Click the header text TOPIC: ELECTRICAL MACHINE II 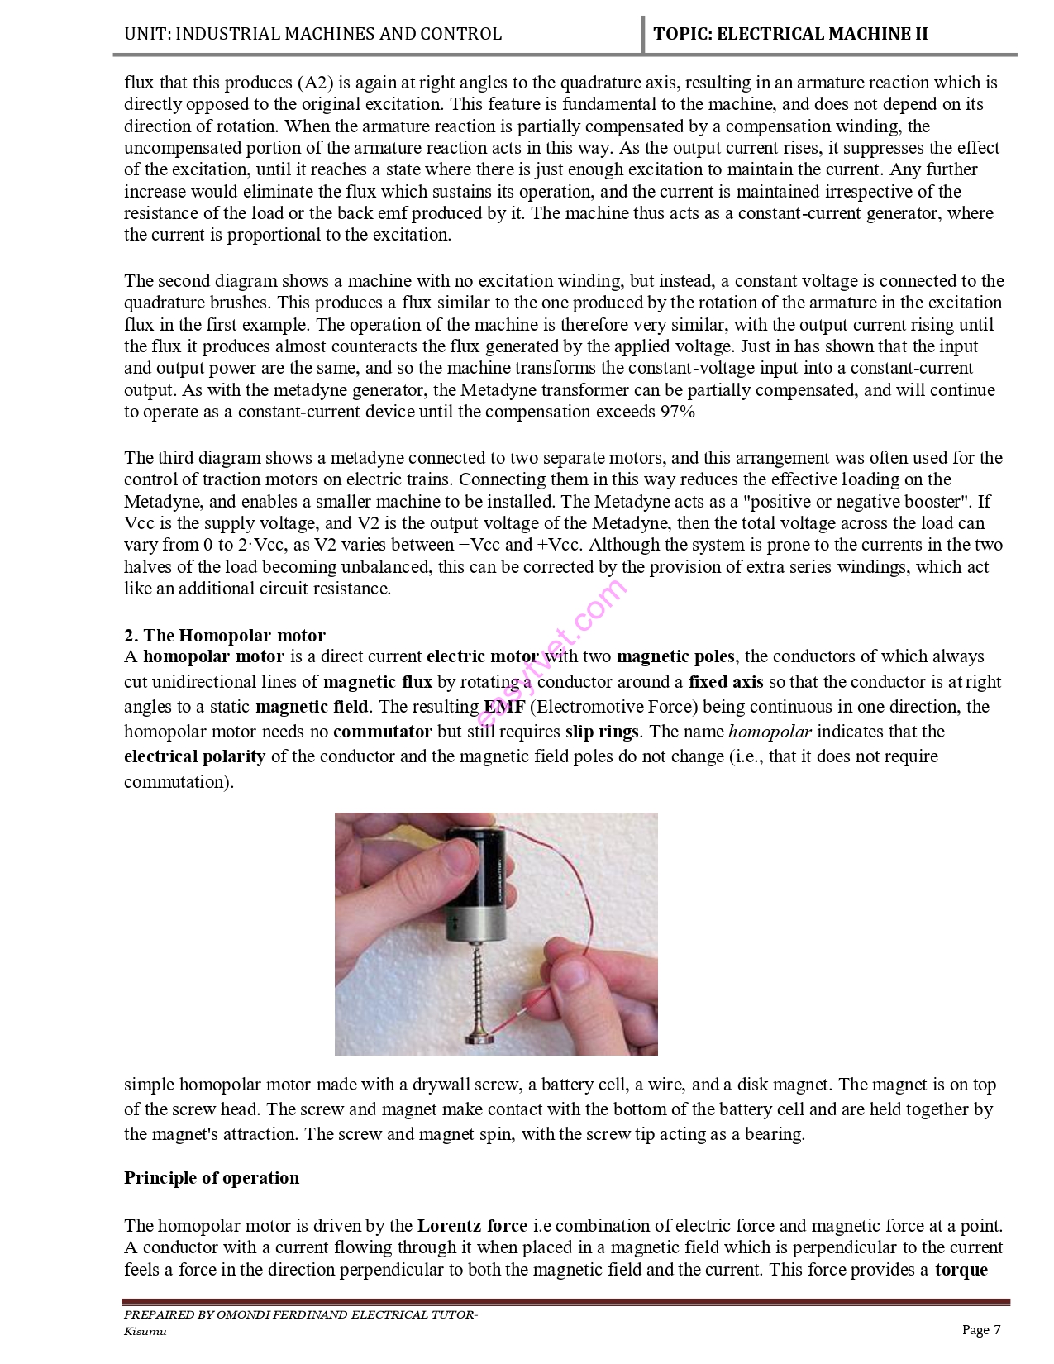790,34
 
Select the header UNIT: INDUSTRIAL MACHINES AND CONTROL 312,34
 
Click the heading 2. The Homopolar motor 225,635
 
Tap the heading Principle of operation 212,1177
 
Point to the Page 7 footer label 981,1329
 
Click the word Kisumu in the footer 145,1331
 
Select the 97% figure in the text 678,412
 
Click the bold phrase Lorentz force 472,1225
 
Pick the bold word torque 961,1269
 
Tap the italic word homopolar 770,732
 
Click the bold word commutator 382,732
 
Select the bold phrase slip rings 602,732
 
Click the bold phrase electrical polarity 195,756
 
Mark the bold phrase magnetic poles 675,656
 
